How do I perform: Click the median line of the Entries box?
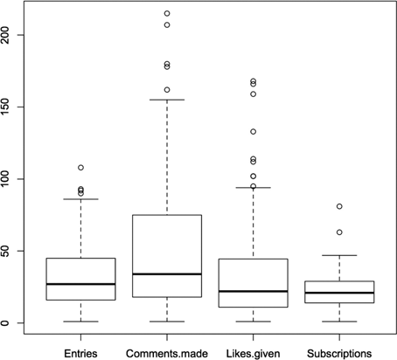[x=80, y=284]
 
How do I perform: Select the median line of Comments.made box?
[x=166, y=274]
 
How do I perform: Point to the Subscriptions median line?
[x=338, y=293]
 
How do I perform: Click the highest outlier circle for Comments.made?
[x=166, y=14]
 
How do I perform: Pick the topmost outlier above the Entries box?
[x=80, y=167]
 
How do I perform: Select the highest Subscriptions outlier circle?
[x=338, y=206]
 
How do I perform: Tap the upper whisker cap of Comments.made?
[x=166, y=100]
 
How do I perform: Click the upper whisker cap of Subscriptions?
[x=338, y=255]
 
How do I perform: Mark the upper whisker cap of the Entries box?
[x=80, y=199]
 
